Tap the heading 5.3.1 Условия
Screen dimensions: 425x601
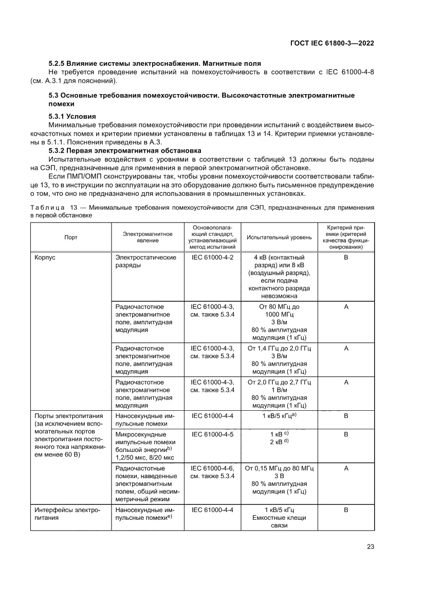(x=72, y=116)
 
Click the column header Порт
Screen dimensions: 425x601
(x=71, y=237)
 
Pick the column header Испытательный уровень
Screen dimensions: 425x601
(x=279, y=237)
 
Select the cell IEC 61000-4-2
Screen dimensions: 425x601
(x=212, y=257)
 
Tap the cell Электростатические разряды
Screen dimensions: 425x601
(x=146, y=261)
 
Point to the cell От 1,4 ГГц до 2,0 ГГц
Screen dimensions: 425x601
(x=280, y=349)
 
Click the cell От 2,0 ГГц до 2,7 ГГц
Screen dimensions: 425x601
(x=280, y=383)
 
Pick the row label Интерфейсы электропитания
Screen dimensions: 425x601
(x=66, y=514)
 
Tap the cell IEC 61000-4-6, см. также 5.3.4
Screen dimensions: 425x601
(x=212, y=472)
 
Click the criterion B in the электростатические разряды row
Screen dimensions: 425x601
(x=346, y=257)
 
